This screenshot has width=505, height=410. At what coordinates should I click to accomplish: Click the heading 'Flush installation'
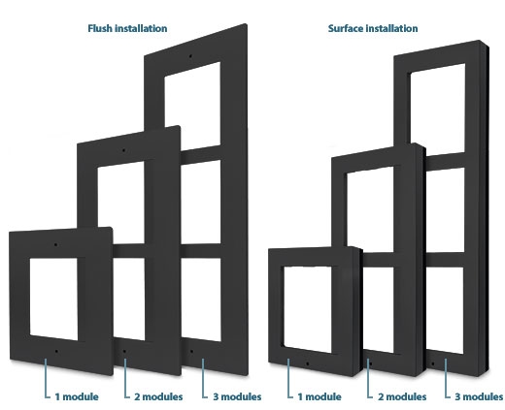(x=127, y=28)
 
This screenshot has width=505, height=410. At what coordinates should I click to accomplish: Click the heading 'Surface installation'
(x=373, y=28)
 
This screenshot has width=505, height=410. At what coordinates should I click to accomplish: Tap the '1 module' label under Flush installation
(x=77, y=396)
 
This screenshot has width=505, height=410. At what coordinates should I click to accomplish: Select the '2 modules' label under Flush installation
(x=158, y=396)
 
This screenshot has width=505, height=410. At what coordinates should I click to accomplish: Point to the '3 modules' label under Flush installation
(x=237, y=396)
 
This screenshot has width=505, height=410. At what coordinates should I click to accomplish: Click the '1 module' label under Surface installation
(x=320, y=396)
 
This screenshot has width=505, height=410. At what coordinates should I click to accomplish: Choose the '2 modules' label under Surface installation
(x=402, y=396)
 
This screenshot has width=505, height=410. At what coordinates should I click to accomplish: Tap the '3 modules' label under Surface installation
(x=479, y=396)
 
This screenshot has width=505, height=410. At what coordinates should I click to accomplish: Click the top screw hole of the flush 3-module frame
(x=190, y=56)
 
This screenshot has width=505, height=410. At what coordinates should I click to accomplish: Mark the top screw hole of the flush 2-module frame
(x=123, y=150)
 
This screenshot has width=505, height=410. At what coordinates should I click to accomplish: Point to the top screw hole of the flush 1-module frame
(x=55, y=245)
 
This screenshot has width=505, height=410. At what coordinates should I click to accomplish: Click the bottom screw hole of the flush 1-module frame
(x=56, y=351)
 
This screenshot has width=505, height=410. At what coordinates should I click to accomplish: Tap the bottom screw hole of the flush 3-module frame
(x=191, y=351)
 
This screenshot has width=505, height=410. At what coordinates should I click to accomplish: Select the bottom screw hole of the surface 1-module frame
(x=307, y=363)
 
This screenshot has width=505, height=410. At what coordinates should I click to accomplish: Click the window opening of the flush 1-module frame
(x=53, y=299)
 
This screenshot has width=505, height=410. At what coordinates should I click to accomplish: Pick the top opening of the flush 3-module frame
(x=192, y=104)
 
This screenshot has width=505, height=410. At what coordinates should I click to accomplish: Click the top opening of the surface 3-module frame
(x=438, y=109)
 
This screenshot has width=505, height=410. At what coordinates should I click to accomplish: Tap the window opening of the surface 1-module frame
(x=308, y=309)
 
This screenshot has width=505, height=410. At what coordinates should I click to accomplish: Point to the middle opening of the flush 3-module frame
(x=201, y=202)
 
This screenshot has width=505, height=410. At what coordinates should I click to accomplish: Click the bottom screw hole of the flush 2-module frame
(x=124, y=351)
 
